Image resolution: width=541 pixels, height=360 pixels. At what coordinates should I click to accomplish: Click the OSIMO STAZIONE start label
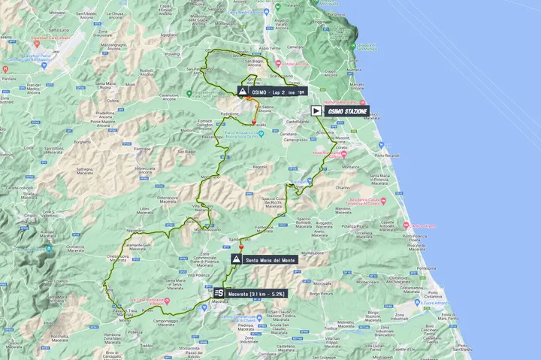[347, 110]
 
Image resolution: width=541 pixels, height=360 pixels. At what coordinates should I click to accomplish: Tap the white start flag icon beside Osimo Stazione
[316, 110]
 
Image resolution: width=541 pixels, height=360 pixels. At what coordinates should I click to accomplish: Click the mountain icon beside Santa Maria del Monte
[237, 259]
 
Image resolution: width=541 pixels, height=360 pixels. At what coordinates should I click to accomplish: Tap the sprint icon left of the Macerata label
[219, 293]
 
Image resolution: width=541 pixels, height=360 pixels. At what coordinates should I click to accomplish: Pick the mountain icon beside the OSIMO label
[243, 92]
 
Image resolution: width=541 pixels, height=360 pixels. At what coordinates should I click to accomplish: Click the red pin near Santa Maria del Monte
[242, 246]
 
